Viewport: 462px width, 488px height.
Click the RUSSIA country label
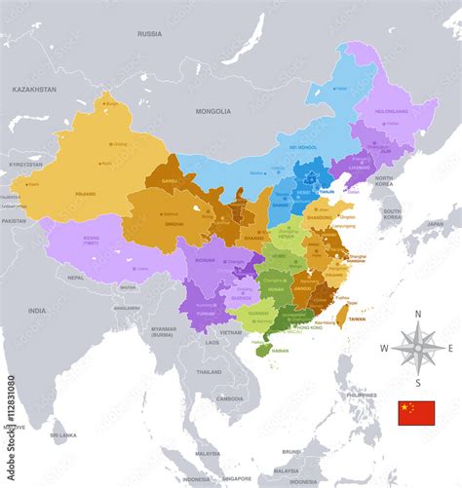149,33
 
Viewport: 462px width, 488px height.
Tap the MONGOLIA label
212,111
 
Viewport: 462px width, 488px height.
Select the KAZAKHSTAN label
34,89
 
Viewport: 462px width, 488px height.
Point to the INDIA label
36,311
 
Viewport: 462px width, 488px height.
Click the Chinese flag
415,413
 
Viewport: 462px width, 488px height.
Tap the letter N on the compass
418,313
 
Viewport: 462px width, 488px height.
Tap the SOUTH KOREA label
392,213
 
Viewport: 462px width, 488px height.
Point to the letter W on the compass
384,348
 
